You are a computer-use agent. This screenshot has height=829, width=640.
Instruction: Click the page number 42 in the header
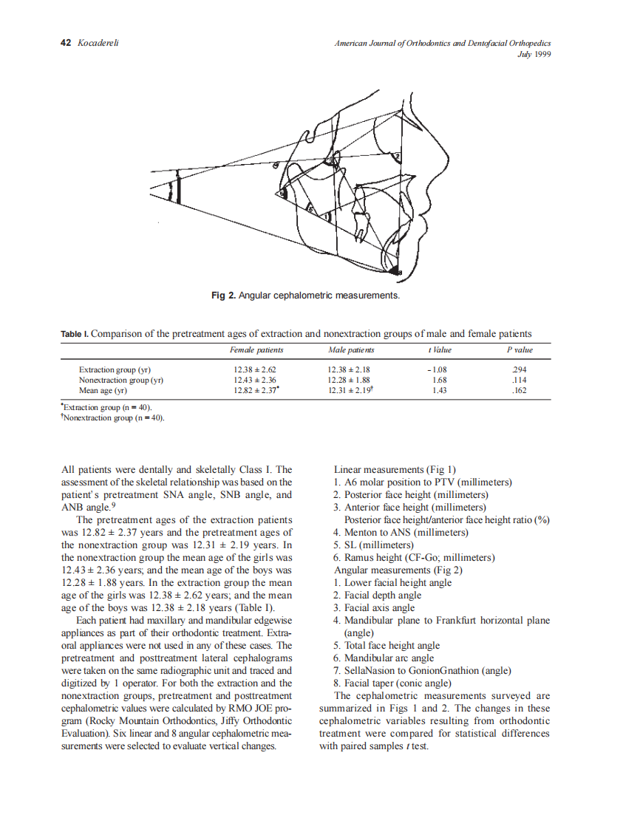point(65,44)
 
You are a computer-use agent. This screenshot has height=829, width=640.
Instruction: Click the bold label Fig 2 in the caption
point(223,296)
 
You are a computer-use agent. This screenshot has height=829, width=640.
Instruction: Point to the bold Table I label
point(75,334)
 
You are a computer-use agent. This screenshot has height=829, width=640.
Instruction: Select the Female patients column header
point(256,349)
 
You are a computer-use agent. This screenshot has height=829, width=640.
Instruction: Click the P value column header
point(519,349)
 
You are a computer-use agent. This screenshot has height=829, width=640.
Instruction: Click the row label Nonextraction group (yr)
point(120,380)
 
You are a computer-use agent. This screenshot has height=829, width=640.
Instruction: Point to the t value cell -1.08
point(438,369)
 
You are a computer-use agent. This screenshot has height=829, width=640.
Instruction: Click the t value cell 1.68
point(439,380)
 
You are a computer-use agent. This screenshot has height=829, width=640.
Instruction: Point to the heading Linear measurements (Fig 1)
point(395,469)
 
